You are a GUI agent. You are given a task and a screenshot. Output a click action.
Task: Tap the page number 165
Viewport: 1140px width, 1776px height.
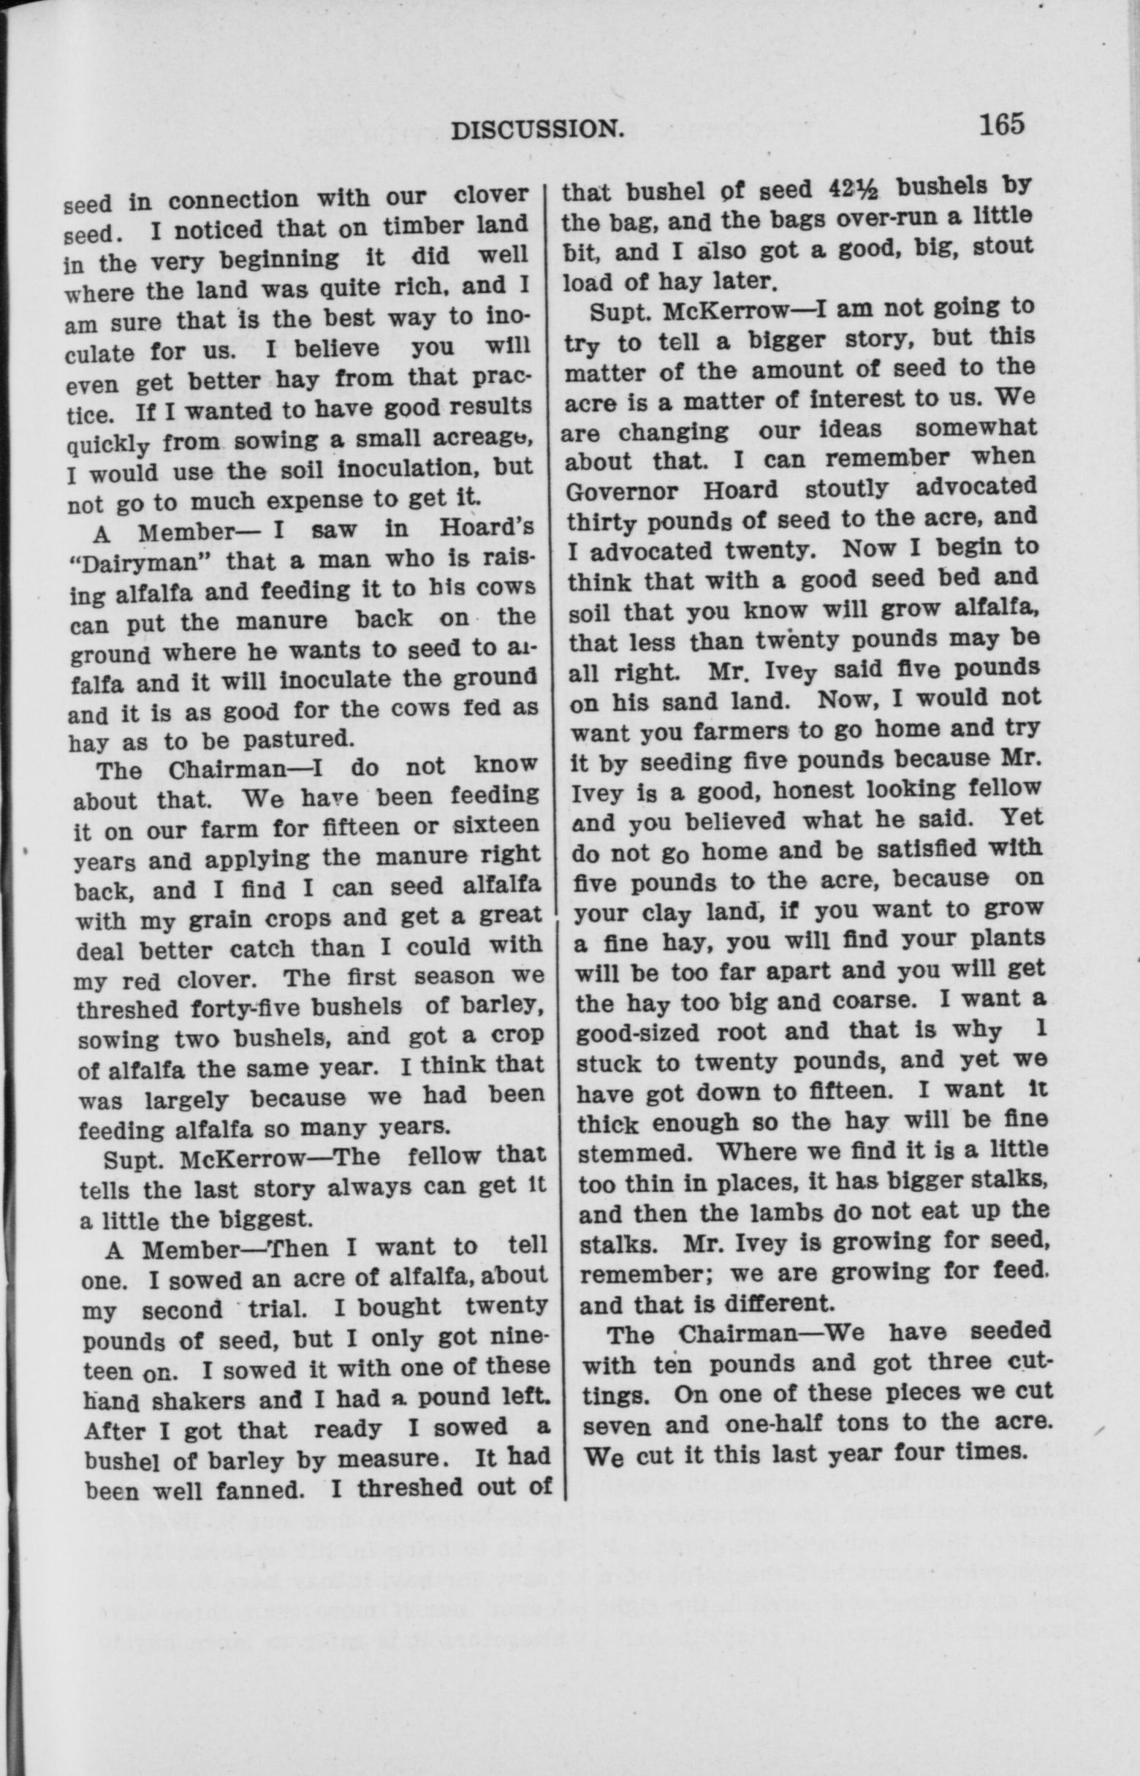pos(1002,124)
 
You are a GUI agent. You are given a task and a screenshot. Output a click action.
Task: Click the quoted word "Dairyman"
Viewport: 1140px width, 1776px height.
pos(139,561)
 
